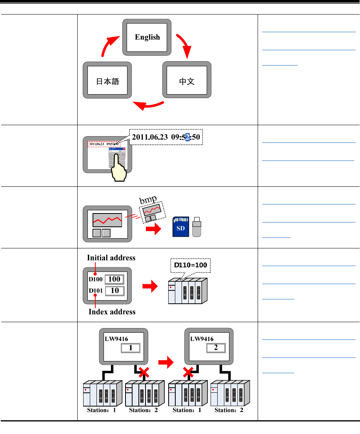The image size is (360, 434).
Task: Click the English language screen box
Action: (147, 37)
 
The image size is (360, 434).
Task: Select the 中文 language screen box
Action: (187, 82)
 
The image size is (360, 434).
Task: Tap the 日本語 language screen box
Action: (107, 82)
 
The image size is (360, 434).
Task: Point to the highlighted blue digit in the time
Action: (188, 137)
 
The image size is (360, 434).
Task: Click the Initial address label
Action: (111, 258)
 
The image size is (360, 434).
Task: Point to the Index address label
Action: (112, 312)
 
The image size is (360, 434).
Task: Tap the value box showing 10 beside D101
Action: (114, 291)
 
